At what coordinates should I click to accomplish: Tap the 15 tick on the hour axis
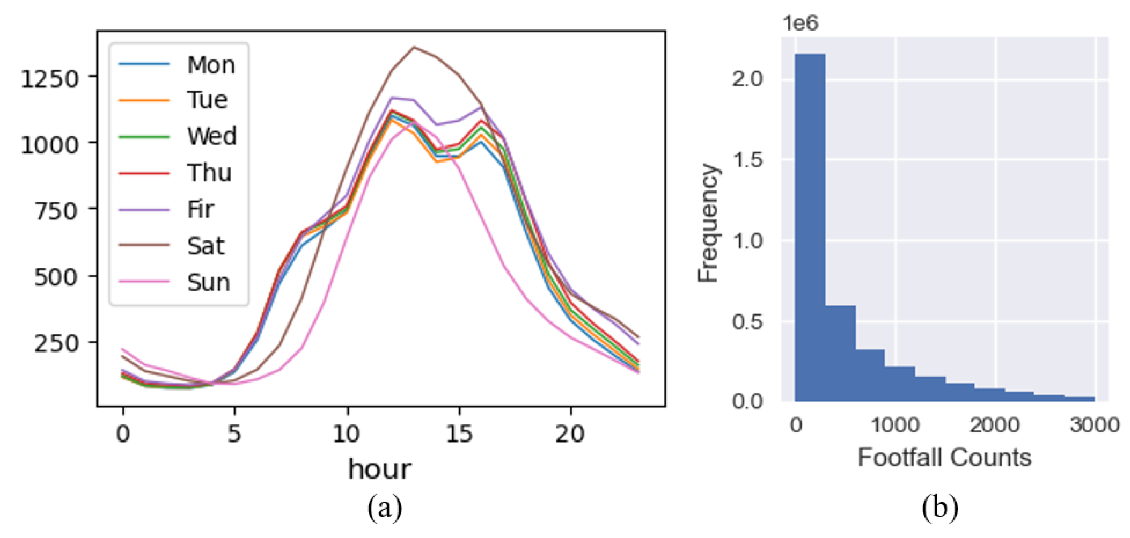point(459,434)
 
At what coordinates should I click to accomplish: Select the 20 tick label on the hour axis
point(570,434)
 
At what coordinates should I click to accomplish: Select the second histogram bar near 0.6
point(840,353)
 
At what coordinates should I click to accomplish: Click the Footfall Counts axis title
point(945,458)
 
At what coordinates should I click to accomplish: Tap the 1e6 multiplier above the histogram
point(800,23)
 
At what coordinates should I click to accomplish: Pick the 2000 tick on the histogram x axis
point(994,425)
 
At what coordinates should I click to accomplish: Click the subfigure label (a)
point(384,508)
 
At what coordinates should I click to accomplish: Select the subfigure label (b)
point(940,508)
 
